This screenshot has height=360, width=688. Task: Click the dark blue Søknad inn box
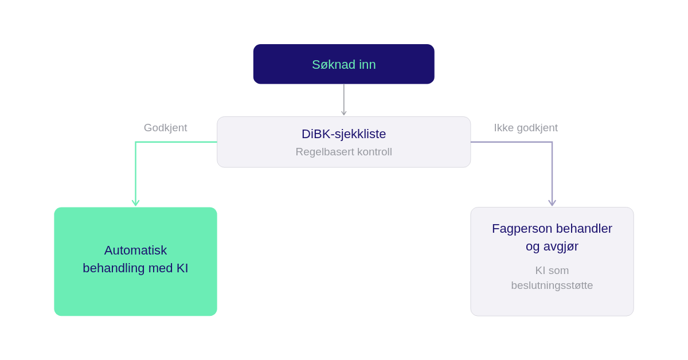pos(343,64)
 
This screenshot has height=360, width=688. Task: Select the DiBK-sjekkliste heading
pos(343,134)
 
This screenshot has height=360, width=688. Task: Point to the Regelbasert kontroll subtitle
pos(343,152)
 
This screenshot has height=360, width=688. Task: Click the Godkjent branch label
pos(165,128)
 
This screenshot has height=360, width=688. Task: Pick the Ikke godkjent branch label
pos(526,128)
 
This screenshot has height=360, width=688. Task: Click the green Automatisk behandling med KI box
pos(135,261)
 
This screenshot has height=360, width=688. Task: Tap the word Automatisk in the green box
pos(135,251)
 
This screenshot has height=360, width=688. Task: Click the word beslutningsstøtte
pos(552,285)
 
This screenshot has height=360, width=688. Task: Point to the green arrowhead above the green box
pos(135,203)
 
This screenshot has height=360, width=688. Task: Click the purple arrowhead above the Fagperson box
pos(552,203)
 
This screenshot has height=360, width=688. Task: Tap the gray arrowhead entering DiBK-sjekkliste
pos(343,113)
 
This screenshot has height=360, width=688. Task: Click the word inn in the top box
pos(368,65)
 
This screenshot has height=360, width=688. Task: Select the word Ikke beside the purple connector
pos(504,128)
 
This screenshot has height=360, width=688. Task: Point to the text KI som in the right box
pos(552,271)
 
